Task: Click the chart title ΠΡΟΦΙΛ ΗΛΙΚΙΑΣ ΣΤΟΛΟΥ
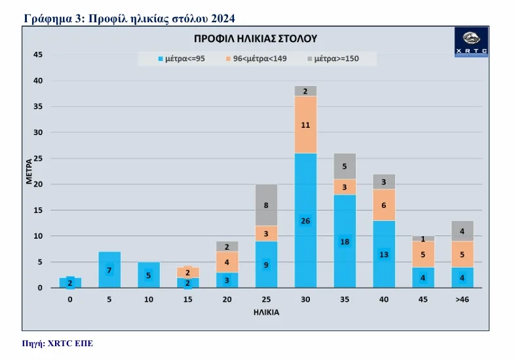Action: pyautogui.click(x=256, y=38)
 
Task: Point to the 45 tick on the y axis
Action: pyautogui.click(x=38, y=55)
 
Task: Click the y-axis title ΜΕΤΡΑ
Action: pyautogui.click(x=29, y=170)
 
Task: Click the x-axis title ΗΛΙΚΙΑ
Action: pyautogui.click(x=266, y=312)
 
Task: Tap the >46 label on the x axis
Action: pyautogui.click(x=462, y=298)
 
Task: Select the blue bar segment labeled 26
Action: pyautogui.click(x=305, y=220)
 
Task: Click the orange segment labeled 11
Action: pyautogui.click(x=305, y=125)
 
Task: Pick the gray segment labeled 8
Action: pyautogui.click(x=266, y=205)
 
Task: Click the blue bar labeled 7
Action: pyautogui.click(x=109, y=270)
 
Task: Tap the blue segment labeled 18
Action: pyautogui.click(x=345, y=241)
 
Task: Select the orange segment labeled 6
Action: pyautogui.click(x=384, y=205)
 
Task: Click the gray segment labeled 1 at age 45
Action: pyautogui.click(x=423, y=239)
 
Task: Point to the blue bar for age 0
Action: pyautogui.click(x=70, y=283)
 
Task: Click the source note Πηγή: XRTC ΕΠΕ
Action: pyautogui.click(x=58, y=344)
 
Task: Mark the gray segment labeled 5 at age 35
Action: pyautogui.click(x=345, y=166)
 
